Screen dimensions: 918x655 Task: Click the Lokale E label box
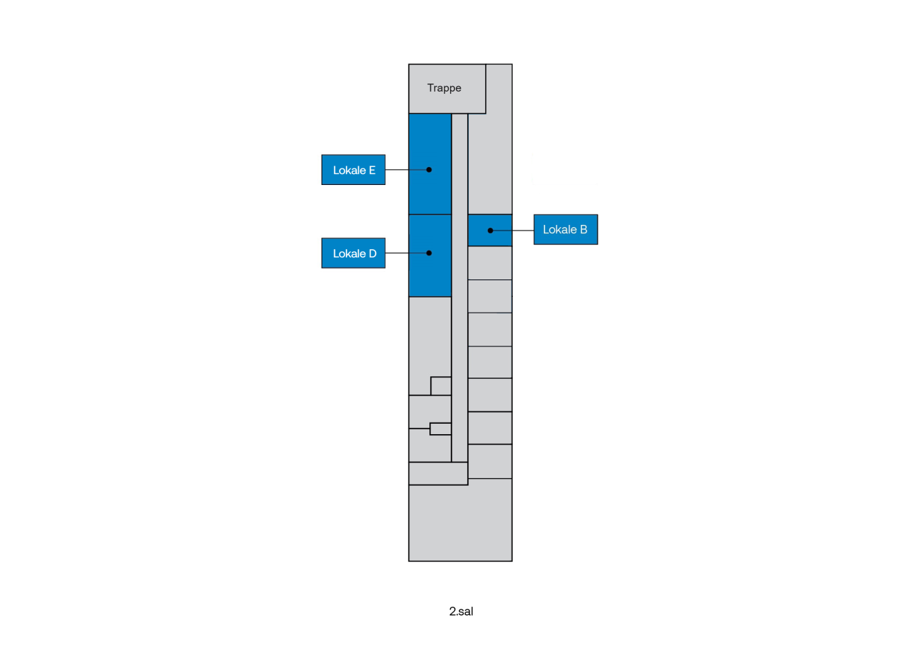(x=353, y=170)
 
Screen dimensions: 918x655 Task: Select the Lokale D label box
(x=353, y=253)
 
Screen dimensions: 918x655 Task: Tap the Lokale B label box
(x=565, y=230)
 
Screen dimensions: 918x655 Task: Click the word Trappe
(x=445, y=88)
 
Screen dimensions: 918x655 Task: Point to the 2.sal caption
(x=461, y=612)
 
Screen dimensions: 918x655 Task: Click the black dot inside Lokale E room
(x=429, y=170)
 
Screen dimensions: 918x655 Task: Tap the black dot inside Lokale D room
(x=429, y=253)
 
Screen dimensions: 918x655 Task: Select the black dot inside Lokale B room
(x=490, y=231)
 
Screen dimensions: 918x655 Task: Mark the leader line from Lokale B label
(x=513, y=231)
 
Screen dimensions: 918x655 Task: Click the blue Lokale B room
(x=490, y=230)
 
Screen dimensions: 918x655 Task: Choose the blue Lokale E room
(x=430, y=164)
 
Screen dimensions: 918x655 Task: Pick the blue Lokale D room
(x=430, y=255)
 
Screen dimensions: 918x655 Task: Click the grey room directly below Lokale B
(x=490, y=263)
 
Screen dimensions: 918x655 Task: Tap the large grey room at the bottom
(x=460, y=523)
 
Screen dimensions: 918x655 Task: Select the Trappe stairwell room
(x=447, y=89)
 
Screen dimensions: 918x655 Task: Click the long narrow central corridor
(x=460, y=288)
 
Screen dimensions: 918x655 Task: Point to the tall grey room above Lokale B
(x=490, y=164)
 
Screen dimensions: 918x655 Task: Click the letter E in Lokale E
(x=372, y=170)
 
